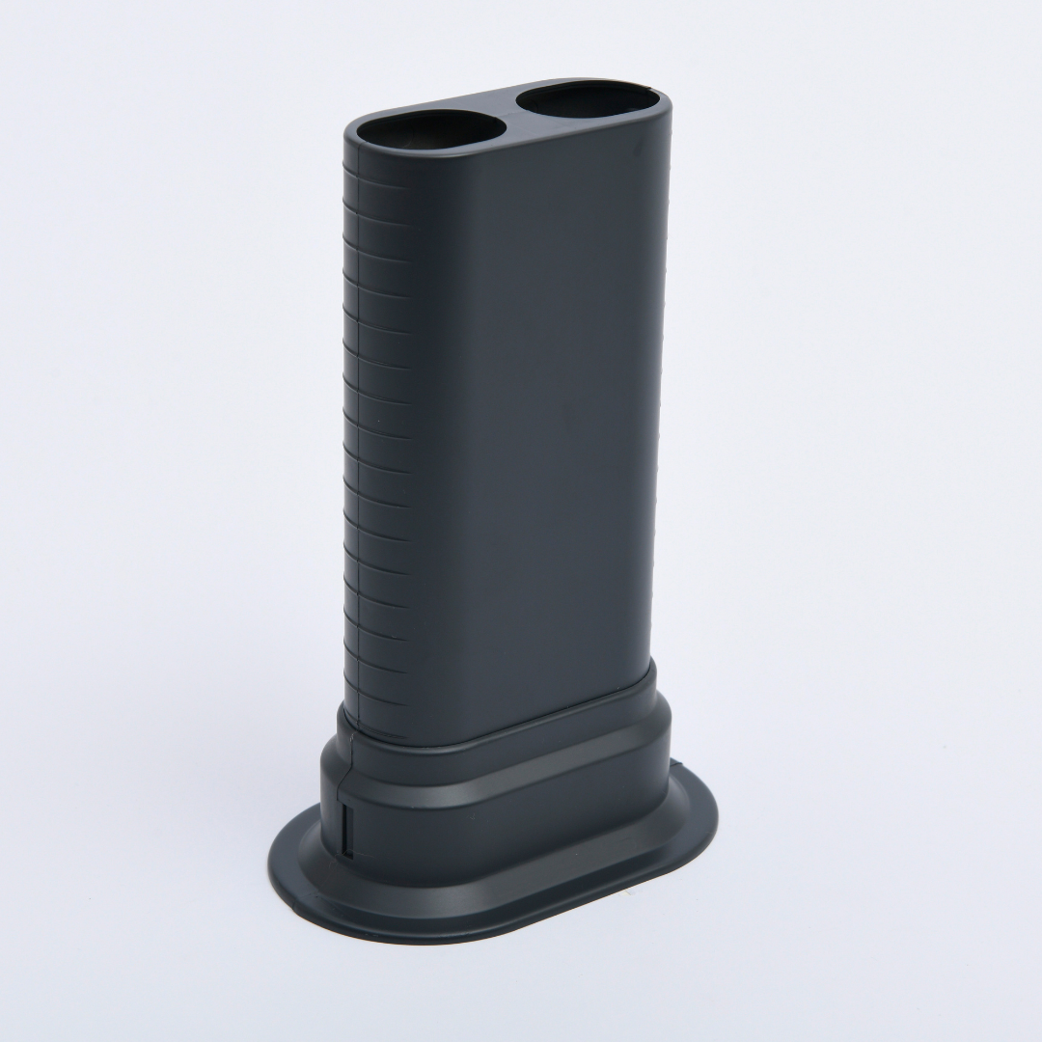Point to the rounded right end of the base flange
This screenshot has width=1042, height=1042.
pyautogui.click(x=709, y=820)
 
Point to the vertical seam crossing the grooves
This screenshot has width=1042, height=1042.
pyautogui.click(x=360, y=434)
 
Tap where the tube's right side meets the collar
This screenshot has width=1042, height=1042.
pyautogui.click(x=656, y=666)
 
